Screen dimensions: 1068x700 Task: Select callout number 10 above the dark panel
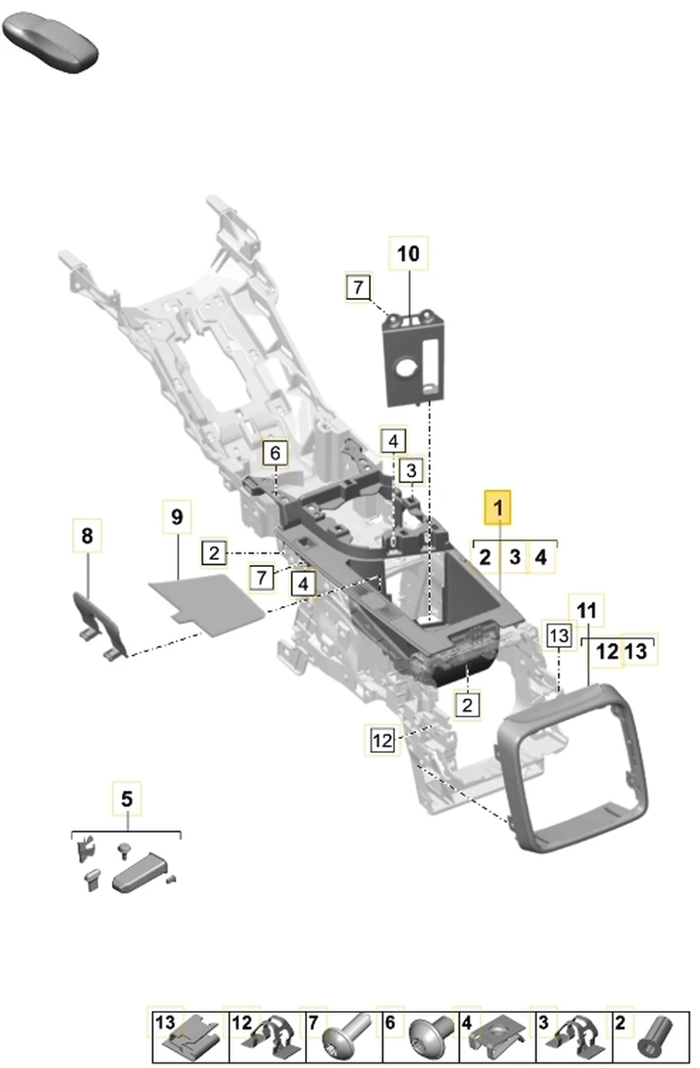[x=407, y=255]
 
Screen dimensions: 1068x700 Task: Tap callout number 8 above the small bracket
[x=86, y=536]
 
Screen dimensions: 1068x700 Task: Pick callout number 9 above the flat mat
[x=176, y=517]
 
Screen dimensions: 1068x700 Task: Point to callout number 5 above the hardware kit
[x=126, y=798]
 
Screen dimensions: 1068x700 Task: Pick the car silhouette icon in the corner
[x=50, y=40]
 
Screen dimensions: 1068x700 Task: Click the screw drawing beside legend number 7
[x=343, y=1037]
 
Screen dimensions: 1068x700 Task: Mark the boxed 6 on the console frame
[x=276, y=453]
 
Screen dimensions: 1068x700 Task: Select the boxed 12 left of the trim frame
[x=382, y=740]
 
